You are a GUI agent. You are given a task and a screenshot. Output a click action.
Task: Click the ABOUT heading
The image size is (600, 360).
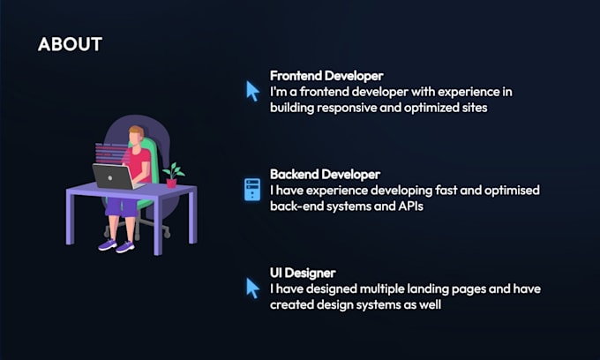(70, 44)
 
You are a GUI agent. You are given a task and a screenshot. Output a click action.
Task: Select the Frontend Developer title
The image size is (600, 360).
(326, 76)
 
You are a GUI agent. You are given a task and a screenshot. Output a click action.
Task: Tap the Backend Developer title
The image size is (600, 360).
(325, 174)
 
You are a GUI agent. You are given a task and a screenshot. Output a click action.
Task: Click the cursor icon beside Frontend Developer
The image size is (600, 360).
(252, 90)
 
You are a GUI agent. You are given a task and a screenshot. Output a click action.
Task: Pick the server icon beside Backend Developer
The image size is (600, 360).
(252, 189)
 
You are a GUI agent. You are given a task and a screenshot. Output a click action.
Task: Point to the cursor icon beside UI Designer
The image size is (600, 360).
(252, 288)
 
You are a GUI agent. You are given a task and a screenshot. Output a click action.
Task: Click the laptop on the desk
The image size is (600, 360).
(113, 176)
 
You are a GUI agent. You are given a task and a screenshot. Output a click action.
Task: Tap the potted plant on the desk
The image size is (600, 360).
(172, 173)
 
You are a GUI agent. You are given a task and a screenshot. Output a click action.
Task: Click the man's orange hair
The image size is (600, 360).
(135, 133)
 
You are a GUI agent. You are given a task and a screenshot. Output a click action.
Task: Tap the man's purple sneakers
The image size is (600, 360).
(116, 244)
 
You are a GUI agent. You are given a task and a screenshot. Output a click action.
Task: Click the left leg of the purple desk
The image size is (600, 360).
(71, 221)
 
